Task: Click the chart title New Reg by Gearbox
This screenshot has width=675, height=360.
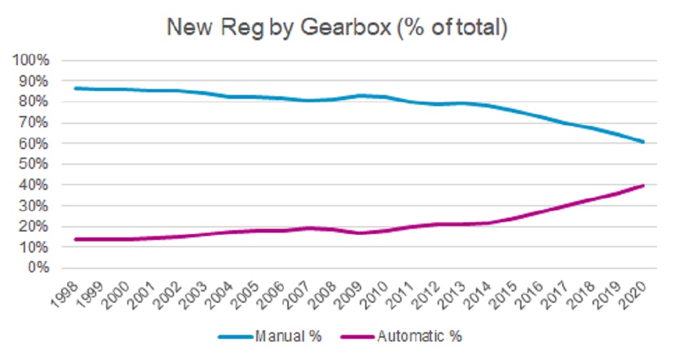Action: click(x=337, y=28)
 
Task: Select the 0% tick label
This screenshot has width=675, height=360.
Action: click(x=39, y=268)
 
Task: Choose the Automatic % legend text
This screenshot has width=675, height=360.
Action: click(x=420, y=336)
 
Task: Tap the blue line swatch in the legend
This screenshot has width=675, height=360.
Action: click(x=236, y=336)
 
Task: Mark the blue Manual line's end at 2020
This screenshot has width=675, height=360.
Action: click(x=643, y=142)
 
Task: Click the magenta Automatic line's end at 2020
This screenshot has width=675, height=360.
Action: click(x=643, y=185)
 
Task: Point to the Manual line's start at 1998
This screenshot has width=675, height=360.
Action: click(x=76, y=88)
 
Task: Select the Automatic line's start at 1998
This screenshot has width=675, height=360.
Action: click(x=76, y=239)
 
